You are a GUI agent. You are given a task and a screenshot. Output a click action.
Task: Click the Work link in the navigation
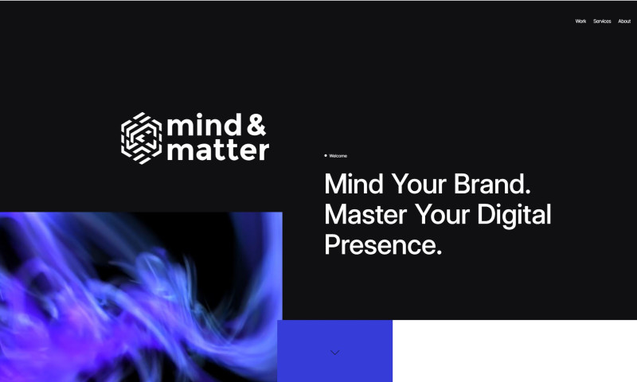[x=580, y=21]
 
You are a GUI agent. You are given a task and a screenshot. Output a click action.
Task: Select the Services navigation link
[x=602, y=21]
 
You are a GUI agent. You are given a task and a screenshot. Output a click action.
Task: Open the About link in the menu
[x=624, y=21]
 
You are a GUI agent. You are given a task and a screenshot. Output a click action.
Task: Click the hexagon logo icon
[x=141, y=138]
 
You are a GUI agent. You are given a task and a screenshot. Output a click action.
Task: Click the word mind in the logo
[x=201, y=125]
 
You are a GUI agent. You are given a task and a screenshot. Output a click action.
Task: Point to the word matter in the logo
[x=217, y=150]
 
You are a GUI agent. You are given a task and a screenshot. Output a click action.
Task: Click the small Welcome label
[x=338, y=156]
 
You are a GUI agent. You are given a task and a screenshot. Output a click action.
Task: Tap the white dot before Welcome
[x=325, y=155]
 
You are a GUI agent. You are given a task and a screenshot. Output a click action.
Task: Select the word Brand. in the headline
[x=492, y=185]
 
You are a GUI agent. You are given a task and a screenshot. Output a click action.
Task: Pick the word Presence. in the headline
[x=383, y=244]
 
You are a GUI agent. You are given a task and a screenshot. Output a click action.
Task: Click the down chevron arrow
[x=334, y=352]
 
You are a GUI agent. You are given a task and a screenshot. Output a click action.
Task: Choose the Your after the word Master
[x=444, y=215]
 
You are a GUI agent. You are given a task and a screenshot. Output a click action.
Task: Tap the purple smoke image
[x=139, y=294]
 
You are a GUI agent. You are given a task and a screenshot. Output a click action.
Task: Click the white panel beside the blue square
[x=514, y=351]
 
